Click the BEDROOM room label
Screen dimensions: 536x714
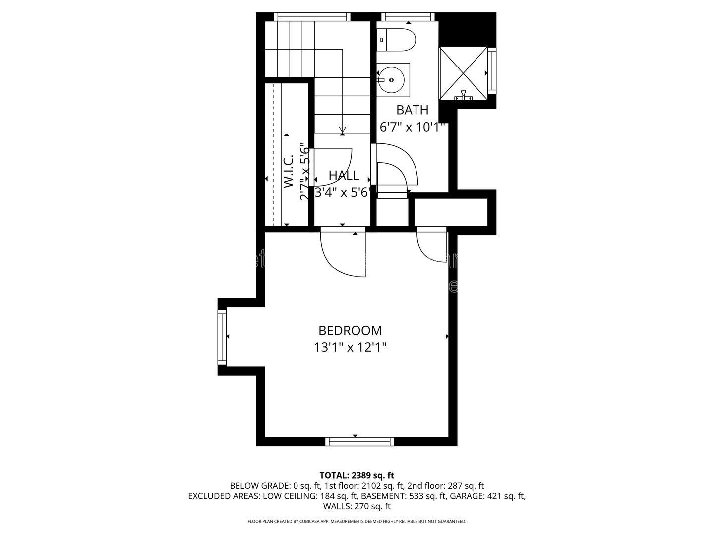click(350, 331)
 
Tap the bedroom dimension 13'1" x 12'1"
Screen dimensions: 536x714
click(350, 347)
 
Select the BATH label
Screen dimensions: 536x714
click(412, 110)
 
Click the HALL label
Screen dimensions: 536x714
click(344, 175)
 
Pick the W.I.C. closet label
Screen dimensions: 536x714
click(289, 171)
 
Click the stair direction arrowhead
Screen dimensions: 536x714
click(343, 130)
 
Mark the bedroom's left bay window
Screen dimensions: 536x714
click(222, 336)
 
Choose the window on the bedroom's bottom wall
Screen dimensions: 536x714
click(359, 441)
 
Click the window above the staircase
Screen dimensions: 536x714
click(312, 17)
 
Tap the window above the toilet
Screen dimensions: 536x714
click(409, 17)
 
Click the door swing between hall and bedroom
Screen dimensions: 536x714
click(342, 253)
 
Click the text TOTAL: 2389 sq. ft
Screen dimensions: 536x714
click(357, 475)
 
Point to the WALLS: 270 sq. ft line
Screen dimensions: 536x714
click(357, 506)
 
